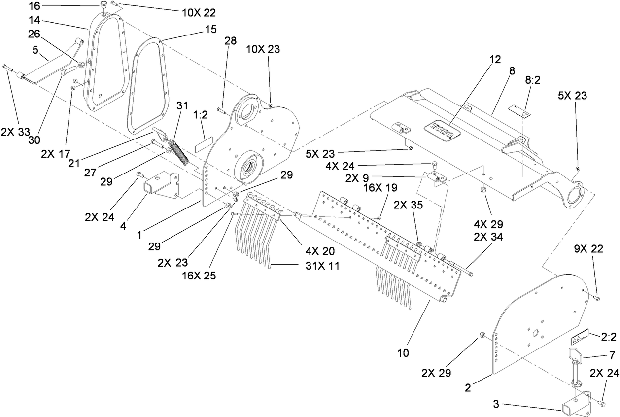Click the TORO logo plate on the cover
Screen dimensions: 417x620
pyautogui.click(x=442, y=131)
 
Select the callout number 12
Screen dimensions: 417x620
pyautogui.click(x=495, y=60)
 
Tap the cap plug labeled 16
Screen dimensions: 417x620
pyautogui.click(x=103, y=5)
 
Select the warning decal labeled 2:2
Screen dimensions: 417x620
pyautogui.click(x=580, y=339)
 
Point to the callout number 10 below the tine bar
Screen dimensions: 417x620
pyautogui.click(x=403, y=352)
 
